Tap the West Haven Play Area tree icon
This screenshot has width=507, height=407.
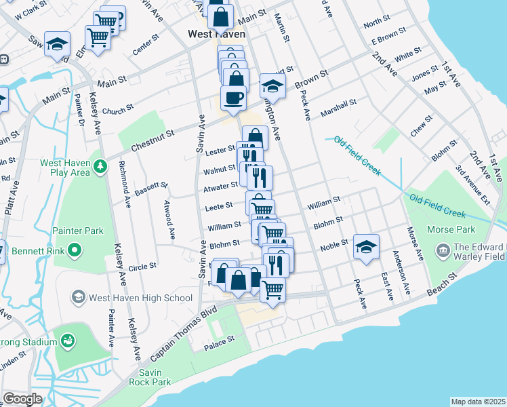coord(99,166)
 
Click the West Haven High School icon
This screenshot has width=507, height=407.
coord(79,297)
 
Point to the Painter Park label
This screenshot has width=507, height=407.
coord(76,231)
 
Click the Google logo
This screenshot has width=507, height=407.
coord(22,399)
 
